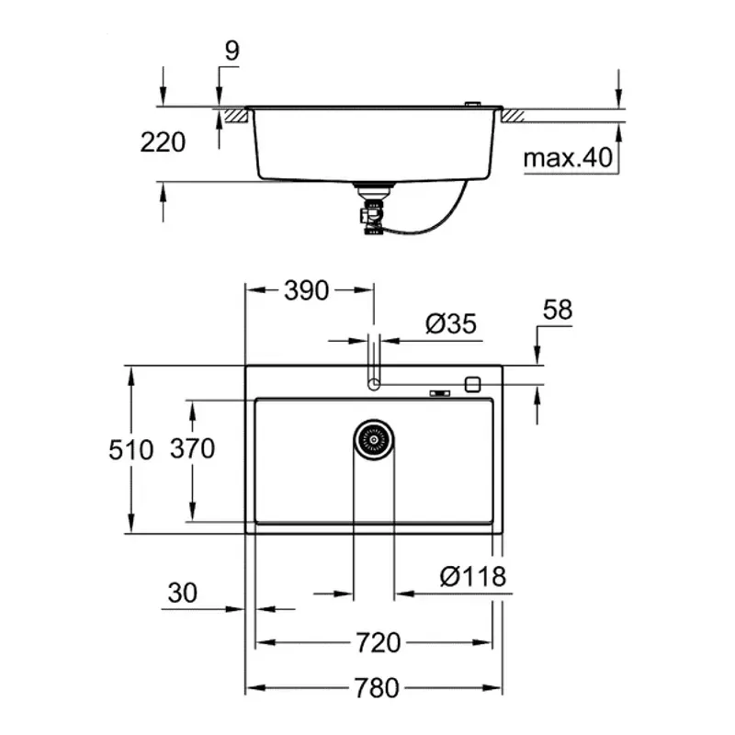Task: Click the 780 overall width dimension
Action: tap(377, 687)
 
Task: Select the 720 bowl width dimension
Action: tap(379, 642)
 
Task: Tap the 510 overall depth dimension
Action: tap(131, 449)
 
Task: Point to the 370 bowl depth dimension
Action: tap(192, 448)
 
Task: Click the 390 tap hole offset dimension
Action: tap(307, 290)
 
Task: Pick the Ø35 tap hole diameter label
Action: tap(451, 323)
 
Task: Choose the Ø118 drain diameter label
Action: tap(473, 576)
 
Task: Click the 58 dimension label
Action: tap(558, 310)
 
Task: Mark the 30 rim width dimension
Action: tap(182, 593)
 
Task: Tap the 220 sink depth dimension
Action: tap(163, 142)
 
